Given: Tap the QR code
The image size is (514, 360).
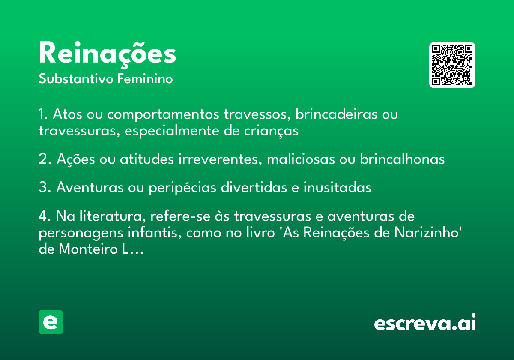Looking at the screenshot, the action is pyautogui.click(x=452, y=65).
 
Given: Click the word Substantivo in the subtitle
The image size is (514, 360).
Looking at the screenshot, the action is pyautogui.click(x=76, y=79).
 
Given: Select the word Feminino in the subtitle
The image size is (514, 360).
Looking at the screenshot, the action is pyautogui.click(x=145, y=79).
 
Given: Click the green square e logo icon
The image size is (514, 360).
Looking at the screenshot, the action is pyautogui.click(x=51, y=322).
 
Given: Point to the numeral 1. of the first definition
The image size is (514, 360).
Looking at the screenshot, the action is pyautogui.click(x=43, y=114).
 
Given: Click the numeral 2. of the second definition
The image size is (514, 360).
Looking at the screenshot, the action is pyautogui.click(x=45, y=159).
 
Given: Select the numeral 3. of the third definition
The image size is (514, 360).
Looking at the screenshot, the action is pyautogui.click(x=45, y=187).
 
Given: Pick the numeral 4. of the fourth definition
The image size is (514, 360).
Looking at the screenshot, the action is pyautogui.click(x=45, y=216).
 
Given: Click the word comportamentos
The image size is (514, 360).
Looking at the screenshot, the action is pyautogui.click(x=163, y=115).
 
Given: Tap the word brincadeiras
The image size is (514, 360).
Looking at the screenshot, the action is pyautogui.click(x=336, y=114).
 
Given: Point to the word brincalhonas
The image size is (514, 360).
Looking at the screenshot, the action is pyautogui.click(x=402, y=159).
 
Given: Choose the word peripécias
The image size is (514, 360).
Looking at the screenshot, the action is pyautogui.click(x=182, y=188).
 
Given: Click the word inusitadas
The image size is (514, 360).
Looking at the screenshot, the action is pyautogui.click(x=338, y=187).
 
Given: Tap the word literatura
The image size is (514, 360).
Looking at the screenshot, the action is pyautogui.click(x=112, y=216).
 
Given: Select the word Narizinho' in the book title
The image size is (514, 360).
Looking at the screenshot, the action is pyautogui.click(x=428, y=232).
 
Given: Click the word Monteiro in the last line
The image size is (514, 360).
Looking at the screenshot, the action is pyautogui.click(x=88, y=249).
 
